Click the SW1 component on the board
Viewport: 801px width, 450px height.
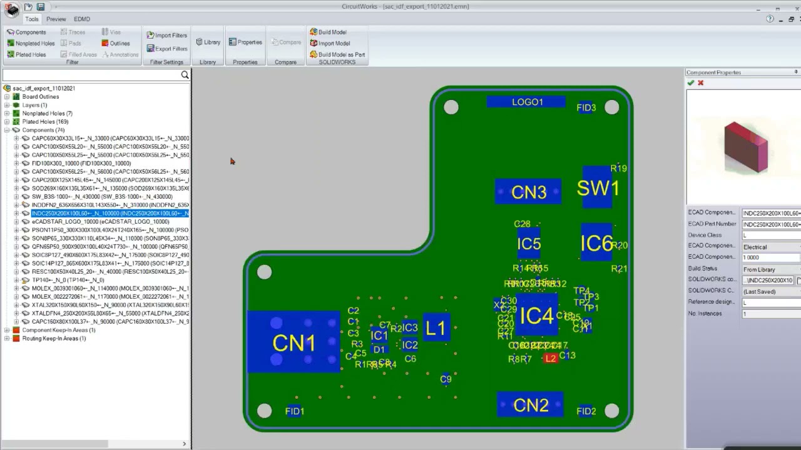(598, 187)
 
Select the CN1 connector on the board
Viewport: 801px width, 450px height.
(293, 342)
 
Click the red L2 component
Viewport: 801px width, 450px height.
(551, 358)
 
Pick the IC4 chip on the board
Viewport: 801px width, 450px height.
(536, 316)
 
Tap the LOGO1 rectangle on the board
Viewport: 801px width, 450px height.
(527, 102)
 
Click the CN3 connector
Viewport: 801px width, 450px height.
(528, 192)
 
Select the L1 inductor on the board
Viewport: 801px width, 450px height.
(436, 328)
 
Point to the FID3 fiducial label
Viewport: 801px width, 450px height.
(586, 108)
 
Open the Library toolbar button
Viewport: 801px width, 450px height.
(208, 42)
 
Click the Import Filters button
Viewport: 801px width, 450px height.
(166, 35)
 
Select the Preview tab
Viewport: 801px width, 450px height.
(56, 19)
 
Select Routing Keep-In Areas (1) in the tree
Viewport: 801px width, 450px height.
(54, 339)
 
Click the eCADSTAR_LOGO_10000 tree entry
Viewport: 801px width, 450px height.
(100, 222)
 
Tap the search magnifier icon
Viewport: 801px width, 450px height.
(185, 75)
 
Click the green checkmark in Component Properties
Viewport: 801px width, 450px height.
(690, 83)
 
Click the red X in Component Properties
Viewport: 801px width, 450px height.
(700, 83)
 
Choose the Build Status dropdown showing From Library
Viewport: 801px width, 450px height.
(770, 269)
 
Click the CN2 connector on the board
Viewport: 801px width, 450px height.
(530, 406)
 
